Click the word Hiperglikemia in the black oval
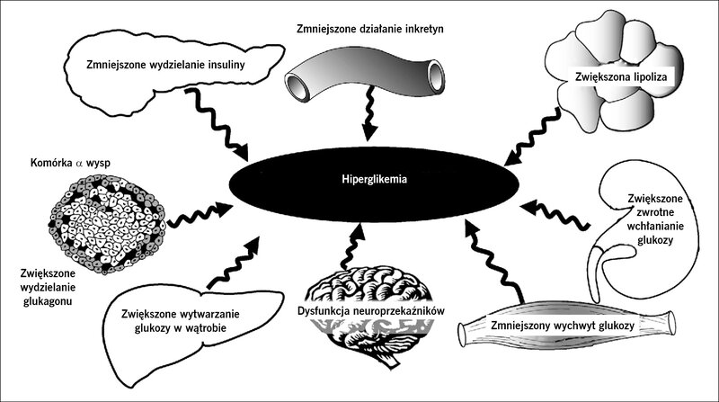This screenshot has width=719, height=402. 374,179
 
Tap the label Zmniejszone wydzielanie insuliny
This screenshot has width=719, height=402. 165,64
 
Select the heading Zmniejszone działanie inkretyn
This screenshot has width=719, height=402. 370,30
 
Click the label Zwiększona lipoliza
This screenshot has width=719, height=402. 621,76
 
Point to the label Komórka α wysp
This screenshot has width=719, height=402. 70,163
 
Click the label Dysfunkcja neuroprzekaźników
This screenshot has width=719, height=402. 371,311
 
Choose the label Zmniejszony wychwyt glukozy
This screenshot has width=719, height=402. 563,326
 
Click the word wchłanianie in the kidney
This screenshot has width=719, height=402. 655,226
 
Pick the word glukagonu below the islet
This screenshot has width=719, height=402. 48,301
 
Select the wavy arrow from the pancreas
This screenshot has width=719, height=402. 217,124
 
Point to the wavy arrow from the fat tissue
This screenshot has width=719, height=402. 533,137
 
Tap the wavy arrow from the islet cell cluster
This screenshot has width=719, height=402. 200,215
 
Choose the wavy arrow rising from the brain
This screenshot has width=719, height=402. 351,246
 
